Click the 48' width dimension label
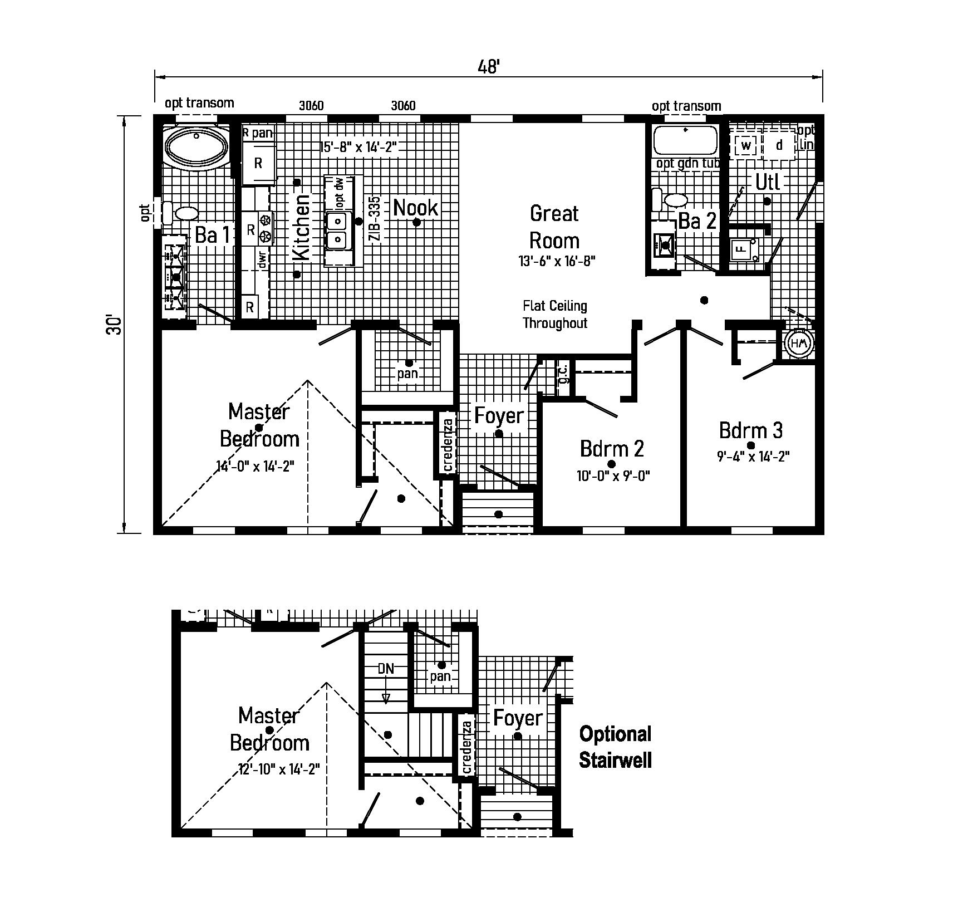tap(489, 67)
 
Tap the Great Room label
tap(554, 227)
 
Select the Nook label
tap(415, 208)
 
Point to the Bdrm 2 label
tap(612, 448)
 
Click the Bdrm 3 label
tap(751, 430)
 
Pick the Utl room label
tap(768, 182)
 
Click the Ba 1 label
tap(212, 235)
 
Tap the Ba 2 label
tap(697, 221)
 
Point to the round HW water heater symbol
tap(799, 344)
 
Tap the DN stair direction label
tap(386, 669)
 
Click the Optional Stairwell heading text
tap(615, 747)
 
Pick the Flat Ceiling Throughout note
tap(555, 315)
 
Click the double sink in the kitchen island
tap(338, 230)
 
